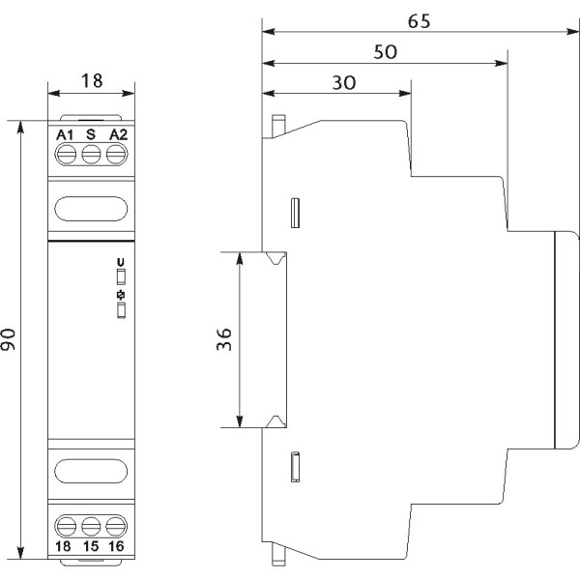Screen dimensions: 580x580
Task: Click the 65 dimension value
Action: [419, 21]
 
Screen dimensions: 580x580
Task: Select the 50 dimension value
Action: [385, 52]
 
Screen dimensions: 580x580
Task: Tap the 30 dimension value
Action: [344, 83]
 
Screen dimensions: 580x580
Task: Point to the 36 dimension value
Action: [224, 339]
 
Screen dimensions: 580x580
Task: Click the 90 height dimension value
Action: [8, 339]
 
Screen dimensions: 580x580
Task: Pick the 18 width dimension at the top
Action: [92, 80]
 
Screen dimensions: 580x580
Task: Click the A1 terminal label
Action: [65, 135]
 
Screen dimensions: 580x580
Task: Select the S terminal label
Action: [91, 134]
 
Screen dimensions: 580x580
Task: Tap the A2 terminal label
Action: [118, 134]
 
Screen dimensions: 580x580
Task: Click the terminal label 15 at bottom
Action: [91, 546]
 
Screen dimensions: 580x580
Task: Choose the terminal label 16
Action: [116, 546]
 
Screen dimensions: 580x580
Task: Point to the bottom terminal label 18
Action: [63, 546]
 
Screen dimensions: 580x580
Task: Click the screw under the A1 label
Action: [67, 155]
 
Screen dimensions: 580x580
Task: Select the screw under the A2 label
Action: [116, 155]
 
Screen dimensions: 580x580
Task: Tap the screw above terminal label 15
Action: [91, 527]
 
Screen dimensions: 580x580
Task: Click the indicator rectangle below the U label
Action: [121, 277]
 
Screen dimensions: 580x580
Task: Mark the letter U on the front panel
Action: [121, 263]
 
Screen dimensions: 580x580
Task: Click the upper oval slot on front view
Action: [91, 209]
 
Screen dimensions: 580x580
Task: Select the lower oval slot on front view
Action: [91, 472]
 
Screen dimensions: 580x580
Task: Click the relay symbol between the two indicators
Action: [121, 295]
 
